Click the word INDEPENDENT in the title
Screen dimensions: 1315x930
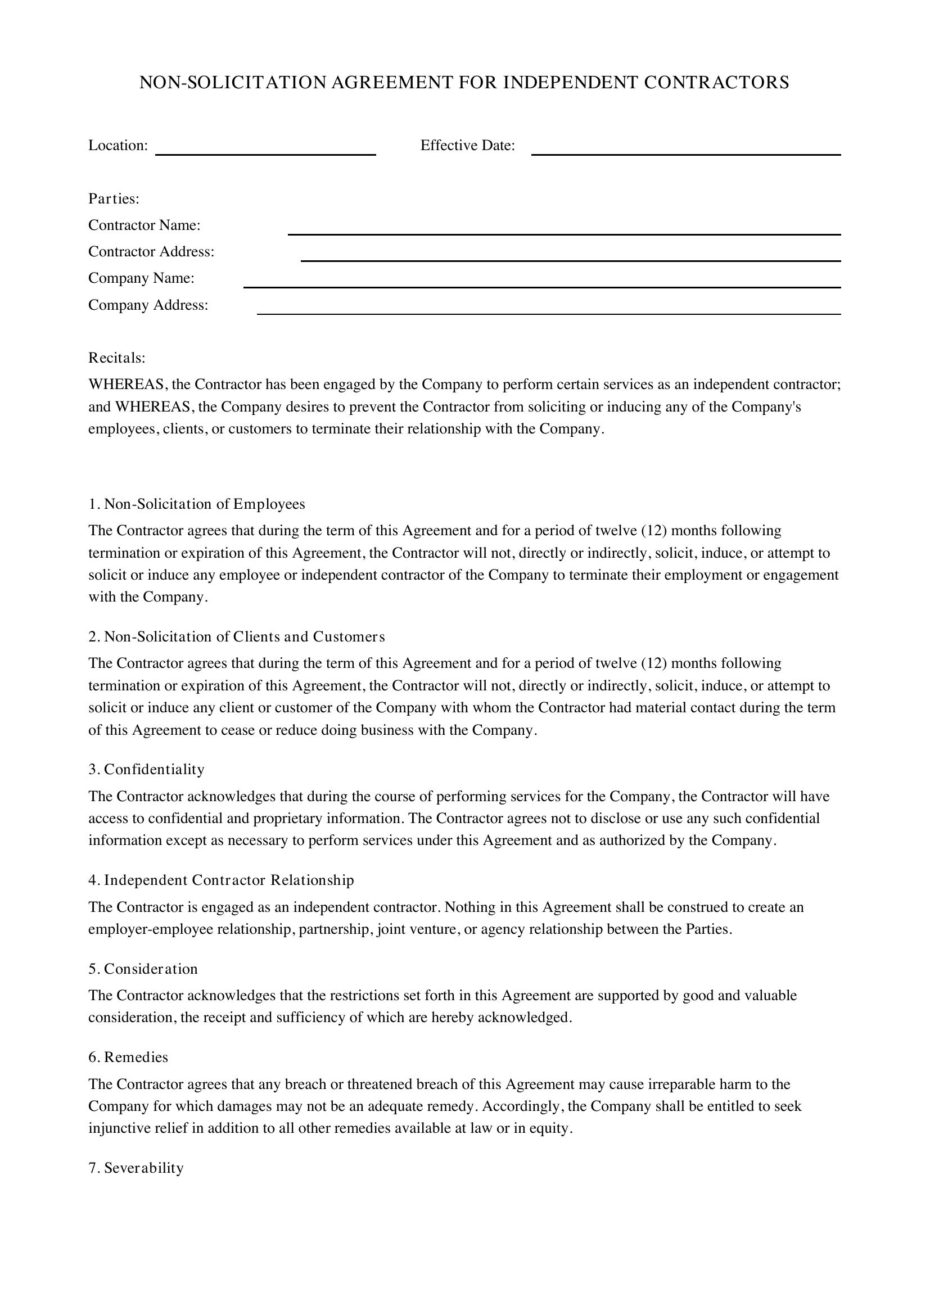click(x=570, y=83)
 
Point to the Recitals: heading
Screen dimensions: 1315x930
click(x=117, y=358)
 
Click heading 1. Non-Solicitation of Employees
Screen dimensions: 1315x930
click(x=196, y=504)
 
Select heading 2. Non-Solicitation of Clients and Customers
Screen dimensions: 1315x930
click(x=237, y=637)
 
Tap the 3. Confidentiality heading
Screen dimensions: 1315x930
click(x=146, y=770)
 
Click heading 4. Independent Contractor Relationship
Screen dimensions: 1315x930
click(x=221, y=880)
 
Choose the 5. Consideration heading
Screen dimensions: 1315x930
click(x=143, y=969)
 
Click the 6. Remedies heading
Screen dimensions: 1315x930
click(x=128, y=1058)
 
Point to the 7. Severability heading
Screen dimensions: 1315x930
click(x=136, y=1168)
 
